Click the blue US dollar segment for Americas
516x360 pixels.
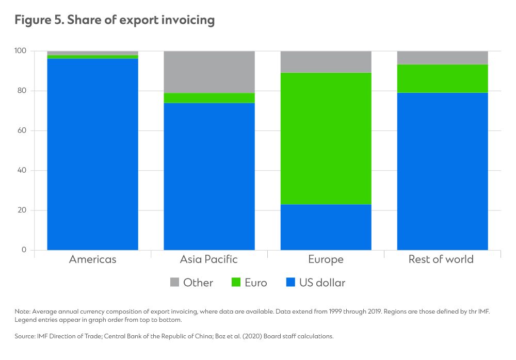[92, 154]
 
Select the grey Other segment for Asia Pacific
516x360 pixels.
[209, 72]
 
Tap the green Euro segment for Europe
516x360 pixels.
[326, 138]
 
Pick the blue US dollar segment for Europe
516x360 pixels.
[326, 227]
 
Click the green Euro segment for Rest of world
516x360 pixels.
[442, 78]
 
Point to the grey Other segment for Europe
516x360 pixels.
[326, 62]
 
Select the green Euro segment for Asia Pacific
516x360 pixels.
[209, 98]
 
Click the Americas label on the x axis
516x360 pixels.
[92, 259]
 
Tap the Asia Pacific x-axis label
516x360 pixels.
[209, 259]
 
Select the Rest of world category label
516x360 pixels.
[441, 259]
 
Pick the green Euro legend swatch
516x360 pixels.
[236, 283]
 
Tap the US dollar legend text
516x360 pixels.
[322, 283]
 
